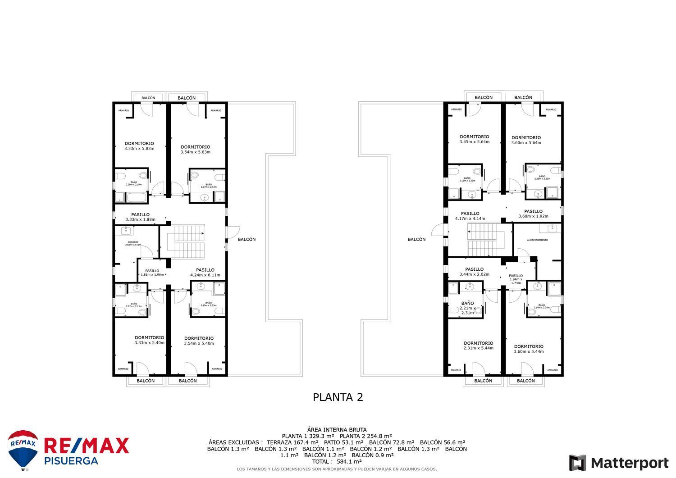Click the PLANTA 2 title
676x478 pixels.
[338, 397]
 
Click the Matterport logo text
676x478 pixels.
[629, 463]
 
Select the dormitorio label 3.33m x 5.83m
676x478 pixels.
[139, 146]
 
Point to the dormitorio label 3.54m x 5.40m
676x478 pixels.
[199, 341]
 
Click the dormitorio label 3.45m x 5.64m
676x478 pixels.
[474, 139]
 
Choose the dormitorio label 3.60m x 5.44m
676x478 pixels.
[528, 349]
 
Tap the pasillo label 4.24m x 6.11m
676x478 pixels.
[205, 273]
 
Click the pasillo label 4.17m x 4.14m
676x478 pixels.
[470, 216]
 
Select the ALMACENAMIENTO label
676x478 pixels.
[537, 240]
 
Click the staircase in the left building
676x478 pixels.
[186, 242]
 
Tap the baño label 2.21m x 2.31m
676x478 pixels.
[467, 308]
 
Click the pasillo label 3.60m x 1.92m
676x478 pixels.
[533, 214]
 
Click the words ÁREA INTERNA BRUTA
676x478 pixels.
[337, 430]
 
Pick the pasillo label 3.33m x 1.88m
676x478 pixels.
[140, 217]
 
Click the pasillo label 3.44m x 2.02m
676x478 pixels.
[474, 272]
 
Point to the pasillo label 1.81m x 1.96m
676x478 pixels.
[152, 273]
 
